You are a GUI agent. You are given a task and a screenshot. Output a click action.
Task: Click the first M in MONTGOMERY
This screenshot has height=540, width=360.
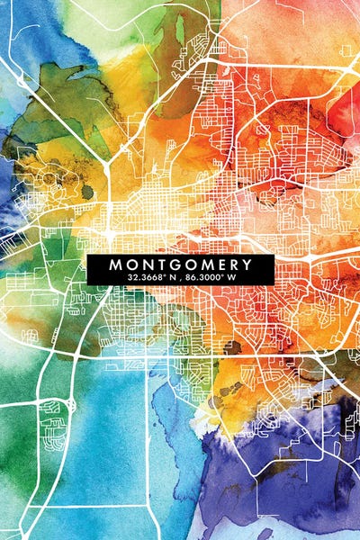click(x=115, y=265)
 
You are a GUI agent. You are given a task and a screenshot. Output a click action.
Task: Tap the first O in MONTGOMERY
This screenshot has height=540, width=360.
click(x=131, y=265)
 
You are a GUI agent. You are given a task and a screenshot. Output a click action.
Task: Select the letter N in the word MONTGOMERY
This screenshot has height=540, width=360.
click(x=146, y=265)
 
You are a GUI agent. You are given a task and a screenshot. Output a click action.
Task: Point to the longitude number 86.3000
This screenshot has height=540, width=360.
click(x=202, y=278)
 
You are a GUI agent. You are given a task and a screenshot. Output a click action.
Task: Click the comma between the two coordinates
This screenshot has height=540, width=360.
click(x=177, y=280)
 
